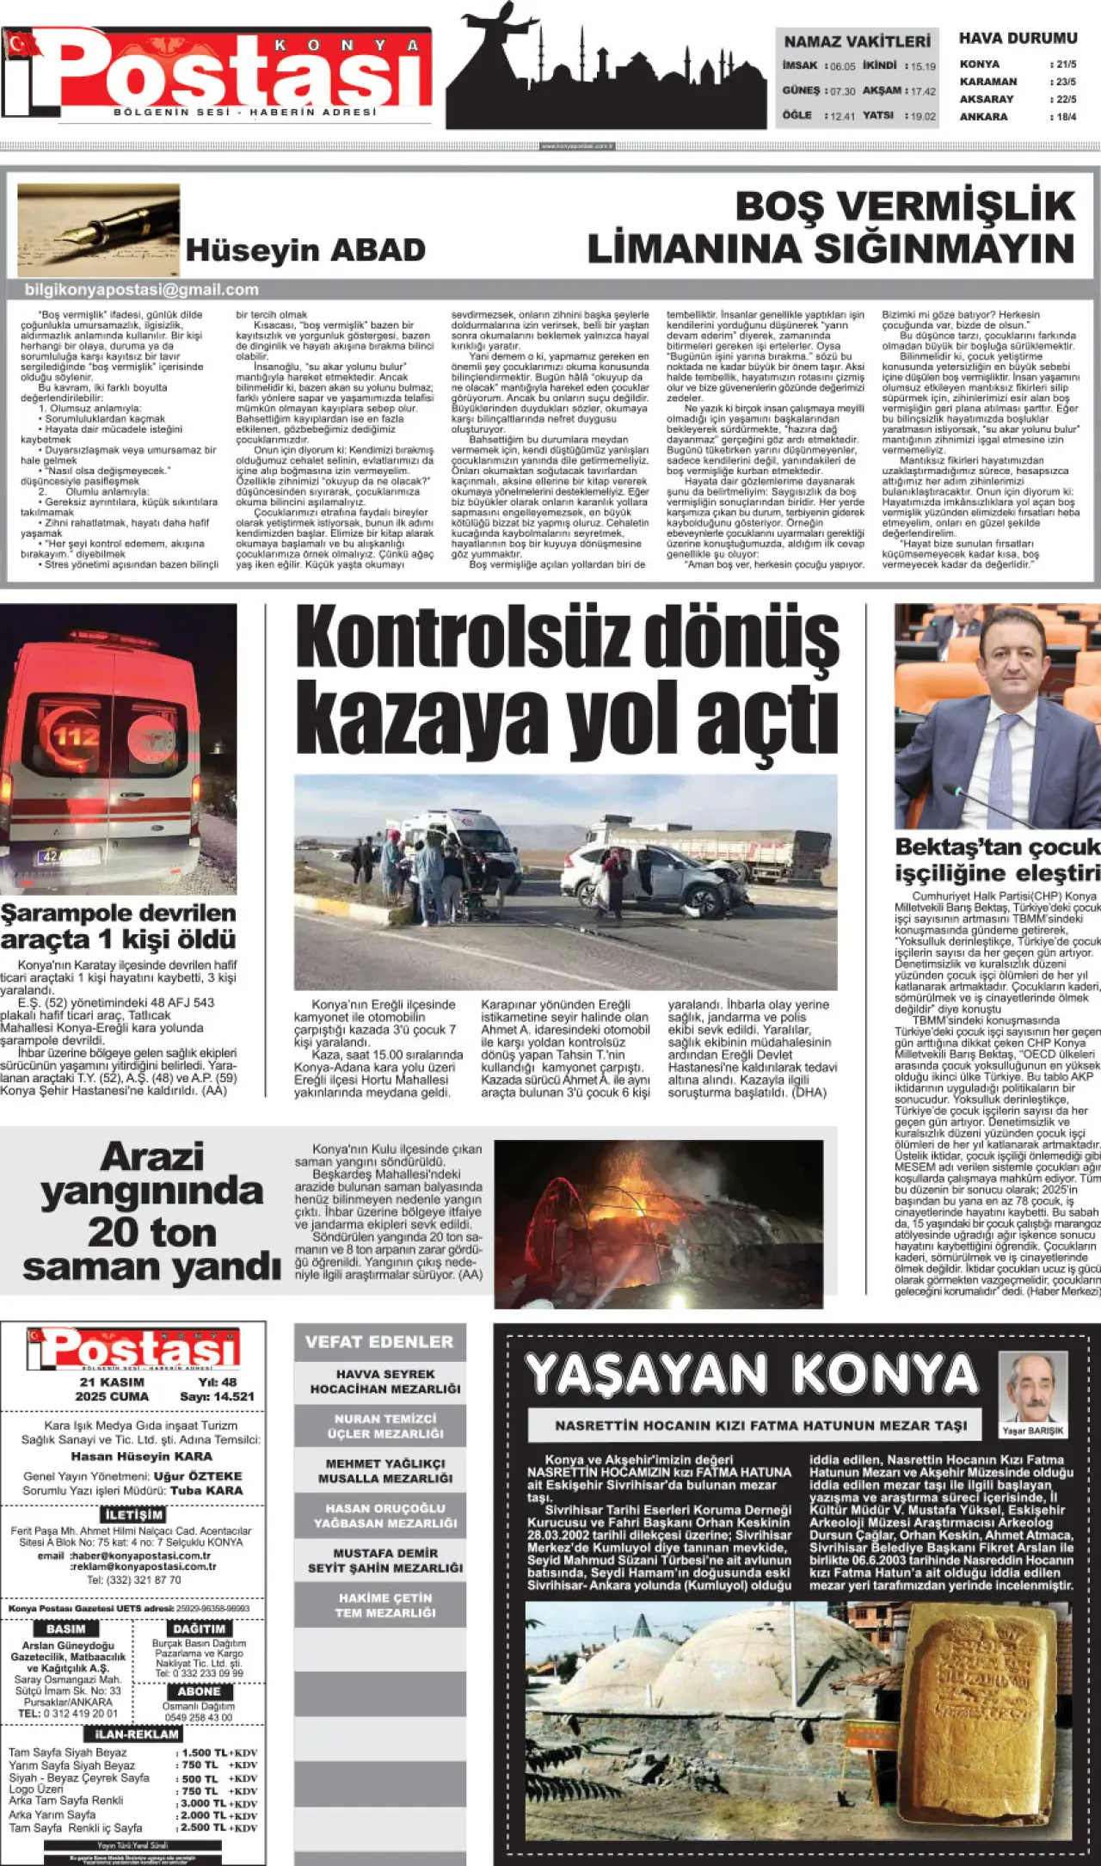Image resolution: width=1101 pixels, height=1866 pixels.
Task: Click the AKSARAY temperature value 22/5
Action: point(1066,99)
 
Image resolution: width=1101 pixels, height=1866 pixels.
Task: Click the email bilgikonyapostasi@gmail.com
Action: point(142,290)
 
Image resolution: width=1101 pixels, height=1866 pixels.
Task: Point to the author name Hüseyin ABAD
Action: point(305,250)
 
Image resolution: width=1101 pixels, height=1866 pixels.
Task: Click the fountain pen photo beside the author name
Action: point(98,229)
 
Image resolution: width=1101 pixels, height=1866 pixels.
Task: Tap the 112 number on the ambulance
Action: point(77,736)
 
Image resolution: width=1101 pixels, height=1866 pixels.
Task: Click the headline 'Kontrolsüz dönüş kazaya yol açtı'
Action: point(566,681)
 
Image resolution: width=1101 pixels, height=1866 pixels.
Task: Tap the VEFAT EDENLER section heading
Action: point(379,1341)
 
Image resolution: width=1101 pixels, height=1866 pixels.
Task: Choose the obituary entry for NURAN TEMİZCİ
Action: point(385,1426)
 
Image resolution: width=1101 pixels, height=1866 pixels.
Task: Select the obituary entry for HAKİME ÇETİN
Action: point(385,1605)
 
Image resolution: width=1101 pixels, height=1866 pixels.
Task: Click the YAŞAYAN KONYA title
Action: point(752,1375)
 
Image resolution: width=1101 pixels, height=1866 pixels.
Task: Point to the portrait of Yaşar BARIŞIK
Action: point(1032,1388)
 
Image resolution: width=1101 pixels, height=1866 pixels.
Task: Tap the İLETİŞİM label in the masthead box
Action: point(133,1515)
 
